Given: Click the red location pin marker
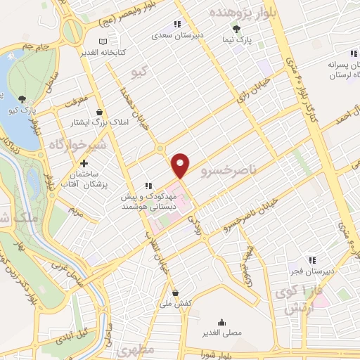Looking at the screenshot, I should coord(181,165).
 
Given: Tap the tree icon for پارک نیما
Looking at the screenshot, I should coord(237,29).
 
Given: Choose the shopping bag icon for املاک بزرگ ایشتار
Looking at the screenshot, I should coord(99,112).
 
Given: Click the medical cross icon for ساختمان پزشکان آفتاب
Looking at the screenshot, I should coord(83,163).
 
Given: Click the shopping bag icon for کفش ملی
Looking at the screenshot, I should coord(175,293).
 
